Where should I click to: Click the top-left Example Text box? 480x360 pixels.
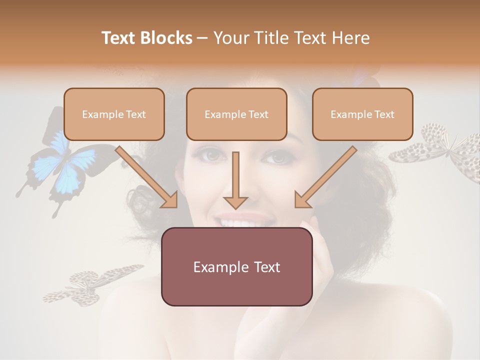pyautogui.click(x=114, y=114)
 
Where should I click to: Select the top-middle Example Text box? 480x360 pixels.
pyautogui.click(x=236, y=114)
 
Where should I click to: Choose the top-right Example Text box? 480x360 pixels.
pyautogui.click(x=362, y=114)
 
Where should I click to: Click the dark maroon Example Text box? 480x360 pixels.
pyautogui.click(x=236, y=266)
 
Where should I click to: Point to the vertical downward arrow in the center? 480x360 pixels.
pyautogui.click(x=235, y=180)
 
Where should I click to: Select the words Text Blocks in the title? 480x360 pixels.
pyautogui.click(x=147, y=38)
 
